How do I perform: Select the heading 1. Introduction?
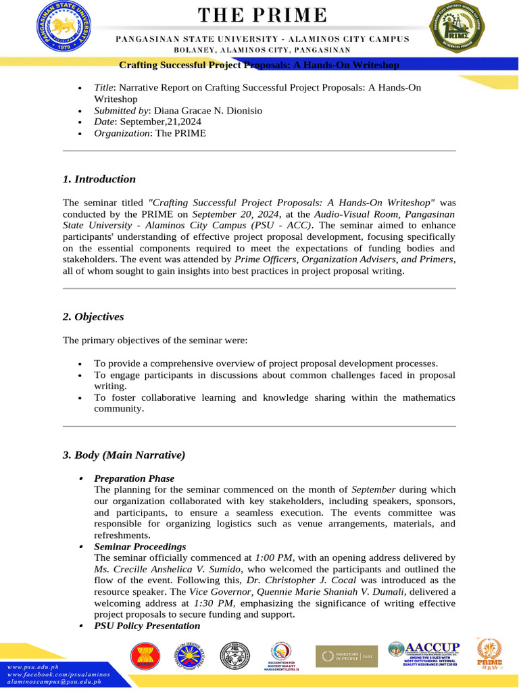pos(99,179)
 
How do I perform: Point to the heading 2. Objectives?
pos(93,317)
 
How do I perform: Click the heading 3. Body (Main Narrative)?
pos(124,455)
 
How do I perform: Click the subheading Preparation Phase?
pos(134,478)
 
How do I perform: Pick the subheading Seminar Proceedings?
pos(140,546)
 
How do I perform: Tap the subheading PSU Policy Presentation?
pos(147,626)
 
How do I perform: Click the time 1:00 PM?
pos(274,558)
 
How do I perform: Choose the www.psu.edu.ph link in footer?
pos(33,667)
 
